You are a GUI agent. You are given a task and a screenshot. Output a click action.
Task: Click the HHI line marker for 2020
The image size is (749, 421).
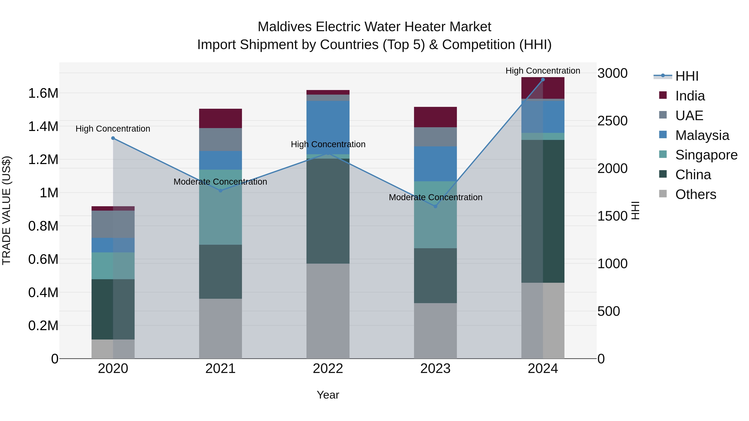(x=113, y=138)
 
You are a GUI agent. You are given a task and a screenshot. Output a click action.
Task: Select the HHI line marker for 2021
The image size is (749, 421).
(x=220, y=191)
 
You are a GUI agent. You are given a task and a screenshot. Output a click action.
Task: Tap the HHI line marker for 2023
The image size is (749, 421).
(x=435, y=207)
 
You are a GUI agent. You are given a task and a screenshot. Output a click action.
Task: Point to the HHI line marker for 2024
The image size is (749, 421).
(x=543, y=80)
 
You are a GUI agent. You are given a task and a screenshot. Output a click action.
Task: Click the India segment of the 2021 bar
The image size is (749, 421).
(x=220, y=119)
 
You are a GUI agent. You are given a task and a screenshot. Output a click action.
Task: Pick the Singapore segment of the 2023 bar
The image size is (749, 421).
(x=435, y=215)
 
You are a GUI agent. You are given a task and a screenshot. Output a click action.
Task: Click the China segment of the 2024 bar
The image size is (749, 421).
(x=543, y=211)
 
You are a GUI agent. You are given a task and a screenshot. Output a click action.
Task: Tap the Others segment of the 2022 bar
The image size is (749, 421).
(x=328, y=311)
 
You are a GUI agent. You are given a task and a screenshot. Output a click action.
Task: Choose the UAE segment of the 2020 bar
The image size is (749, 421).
(x=113, y=224)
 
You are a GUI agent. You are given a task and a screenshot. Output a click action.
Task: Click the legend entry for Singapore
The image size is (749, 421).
(x=706, y=155)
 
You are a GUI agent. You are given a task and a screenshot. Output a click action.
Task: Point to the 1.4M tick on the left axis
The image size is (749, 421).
(x=43, y=127)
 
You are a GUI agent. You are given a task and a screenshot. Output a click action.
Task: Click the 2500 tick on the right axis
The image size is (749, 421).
(x=612, y=121)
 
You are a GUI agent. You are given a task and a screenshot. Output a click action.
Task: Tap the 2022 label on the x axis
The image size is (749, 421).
(x=328, y=369)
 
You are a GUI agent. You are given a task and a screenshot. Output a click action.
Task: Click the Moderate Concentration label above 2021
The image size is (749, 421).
(x=220, y=182)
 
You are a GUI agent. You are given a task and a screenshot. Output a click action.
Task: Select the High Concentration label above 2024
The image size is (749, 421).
(x=543, y=71)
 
